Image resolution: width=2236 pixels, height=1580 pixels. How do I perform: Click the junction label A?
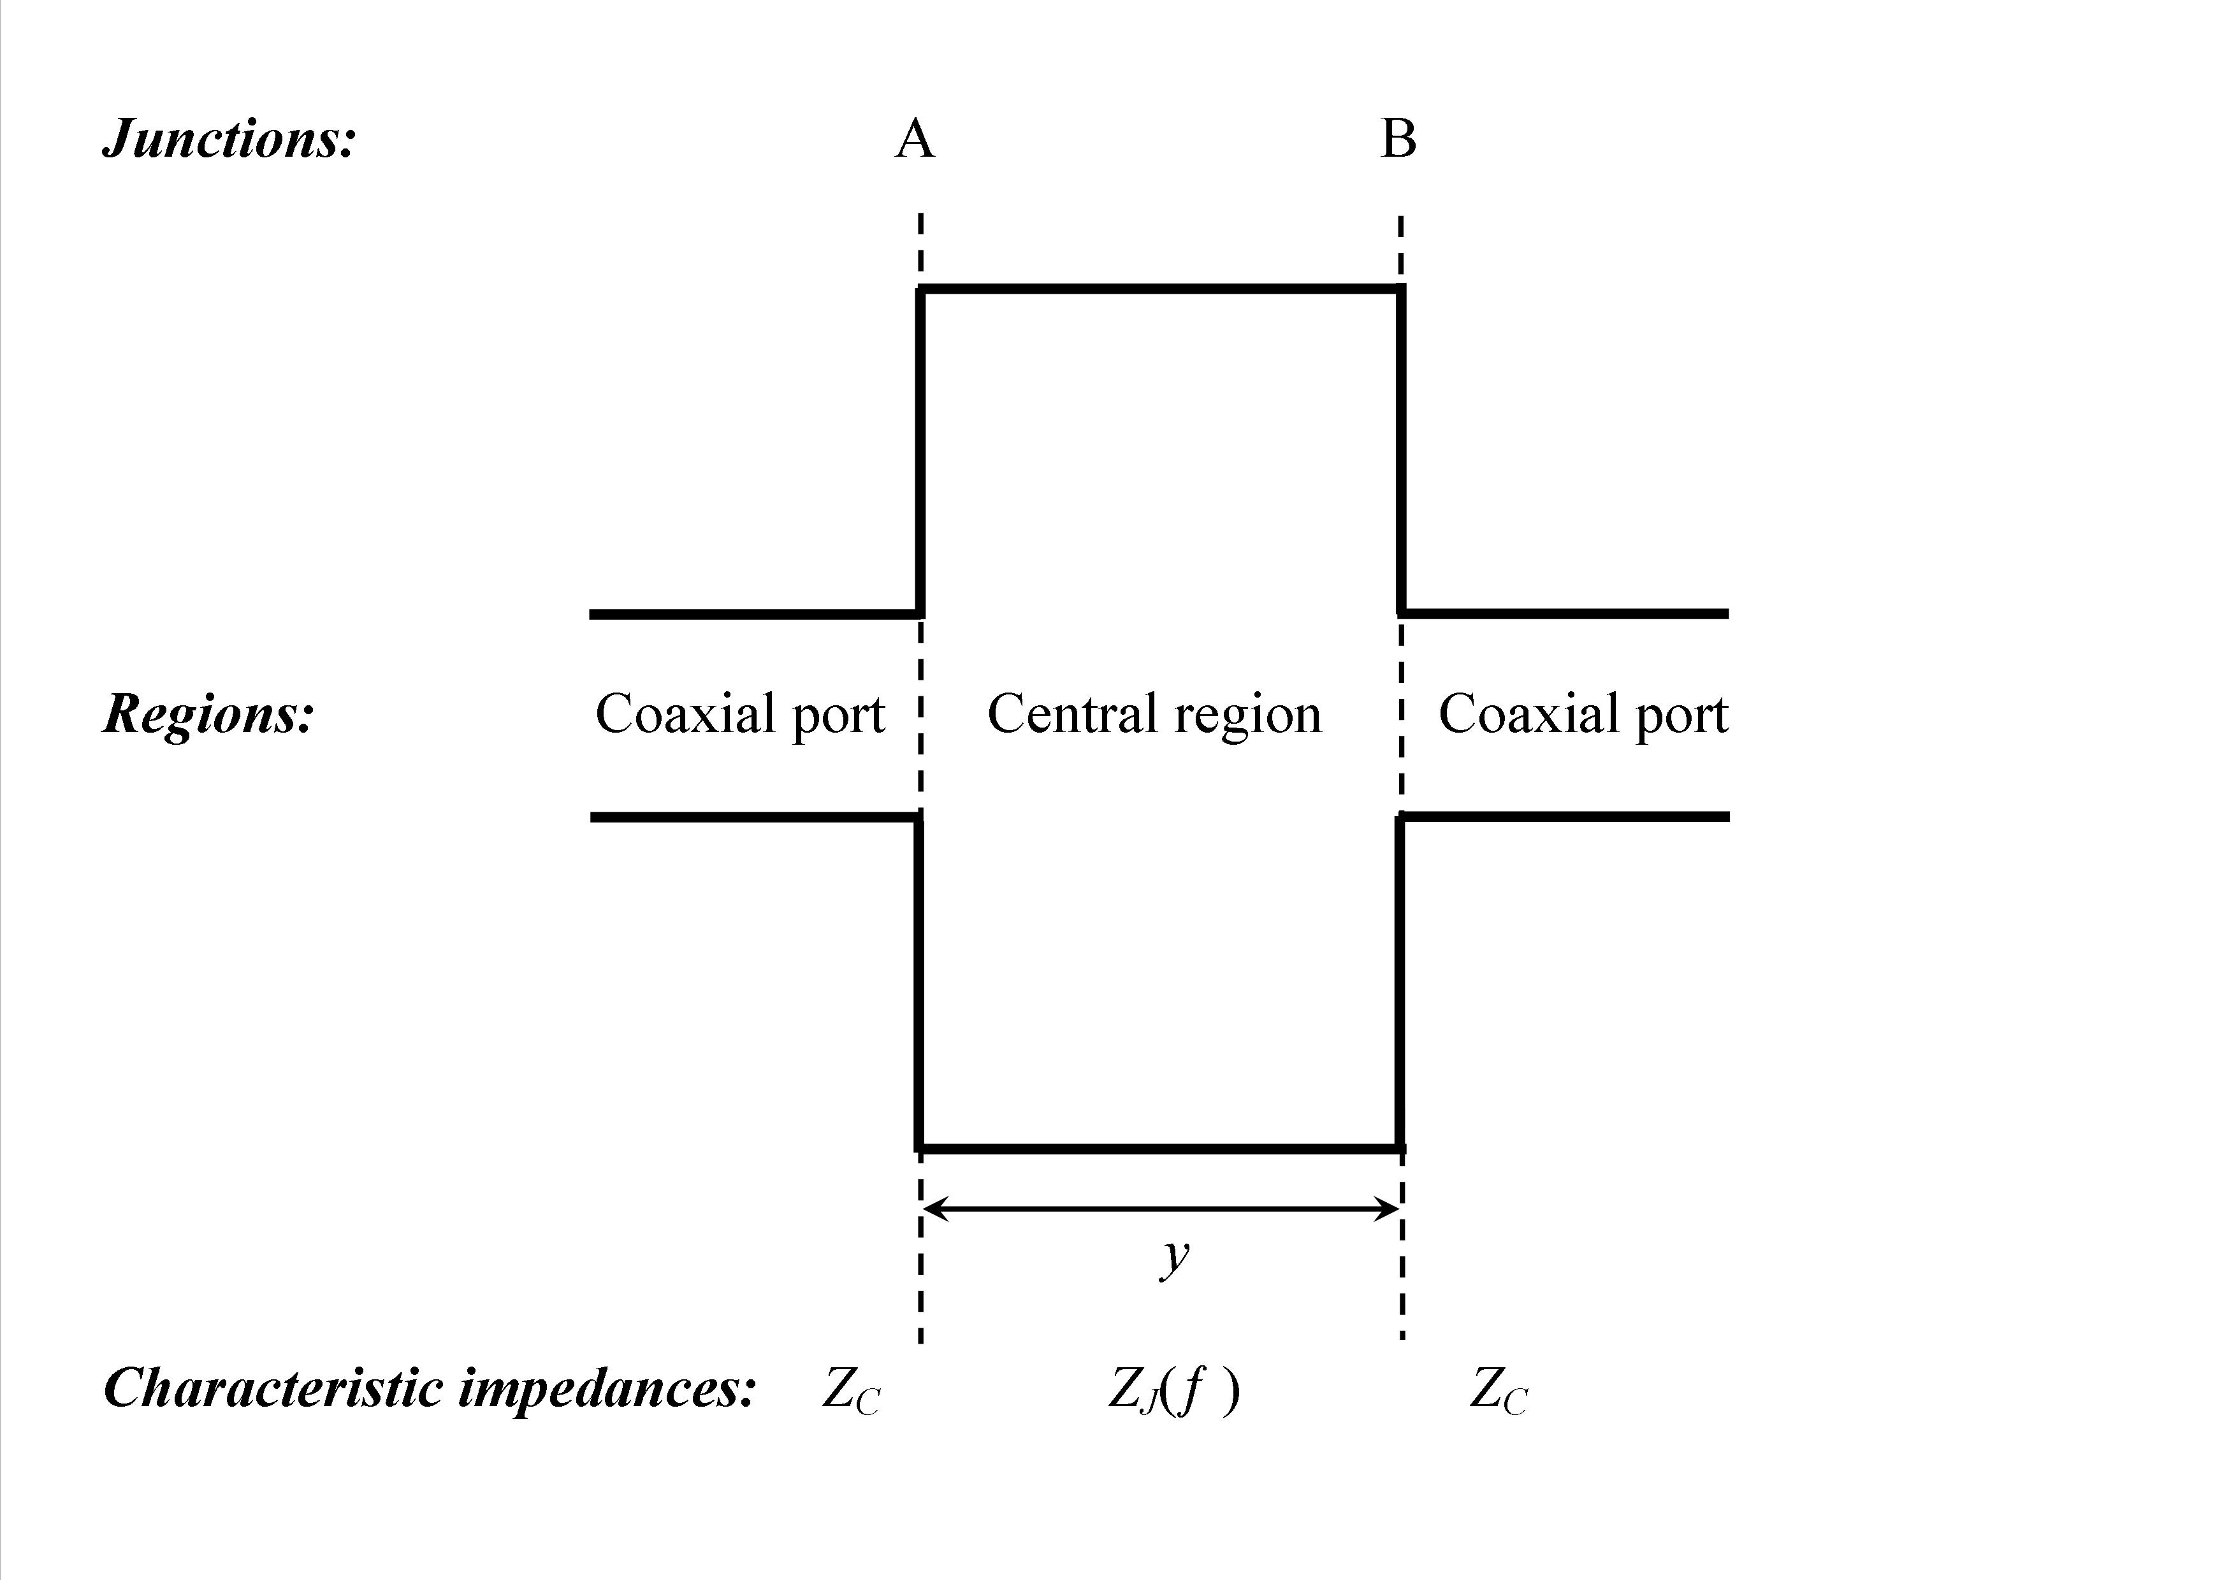(915, 140)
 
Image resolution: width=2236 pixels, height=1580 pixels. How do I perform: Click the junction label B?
(1398, 140)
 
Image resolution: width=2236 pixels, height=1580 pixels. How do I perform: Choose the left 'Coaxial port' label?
(740, 715)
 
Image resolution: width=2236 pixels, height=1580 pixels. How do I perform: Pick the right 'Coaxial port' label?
(1583, 715)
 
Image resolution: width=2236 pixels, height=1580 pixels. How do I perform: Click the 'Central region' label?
(1154, 715)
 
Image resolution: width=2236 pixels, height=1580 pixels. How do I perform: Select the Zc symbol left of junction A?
(851, 1390)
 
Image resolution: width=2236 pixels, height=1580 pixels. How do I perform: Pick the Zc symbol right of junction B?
(1499, 1390)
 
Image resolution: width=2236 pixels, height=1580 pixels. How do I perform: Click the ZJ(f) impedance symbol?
(1173, 1390)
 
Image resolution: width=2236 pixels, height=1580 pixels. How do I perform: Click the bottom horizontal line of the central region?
(1159, 1149)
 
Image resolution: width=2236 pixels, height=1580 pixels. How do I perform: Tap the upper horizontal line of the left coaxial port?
(755, 614)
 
